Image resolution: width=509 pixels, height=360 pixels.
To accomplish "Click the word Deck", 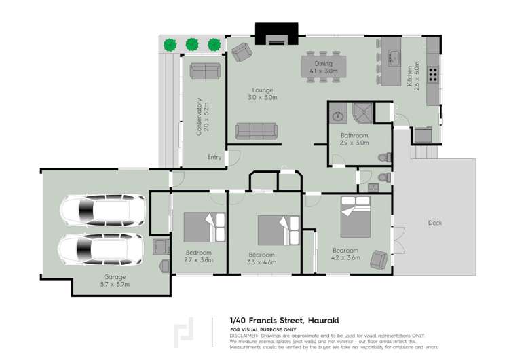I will point(435,223).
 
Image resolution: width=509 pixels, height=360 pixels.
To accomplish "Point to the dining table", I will point(324,67).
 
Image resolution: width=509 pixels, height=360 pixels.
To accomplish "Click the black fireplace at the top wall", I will point(276,33).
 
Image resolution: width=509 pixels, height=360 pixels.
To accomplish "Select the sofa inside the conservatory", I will point(204,71).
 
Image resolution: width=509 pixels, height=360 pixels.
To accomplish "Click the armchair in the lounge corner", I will point(241,52).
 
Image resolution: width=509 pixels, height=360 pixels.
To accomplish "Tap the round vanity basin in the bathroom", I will point(337,116).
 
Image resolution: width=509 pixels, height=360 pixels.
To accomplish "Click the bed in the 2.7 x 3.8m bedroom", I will point(204,228).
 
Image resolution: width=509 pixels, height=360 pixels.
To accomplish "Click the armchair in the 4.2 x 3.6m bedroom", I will point(379,259).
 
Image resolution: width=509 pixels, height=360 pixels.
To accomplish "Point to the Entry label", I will point(214,157).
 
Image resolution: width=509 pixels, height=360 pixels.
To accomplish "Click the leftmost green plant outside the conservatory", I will point(170,45).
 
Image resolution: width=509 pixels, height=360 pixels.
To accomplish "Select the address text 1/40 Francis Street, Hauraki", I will point(284,319).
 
